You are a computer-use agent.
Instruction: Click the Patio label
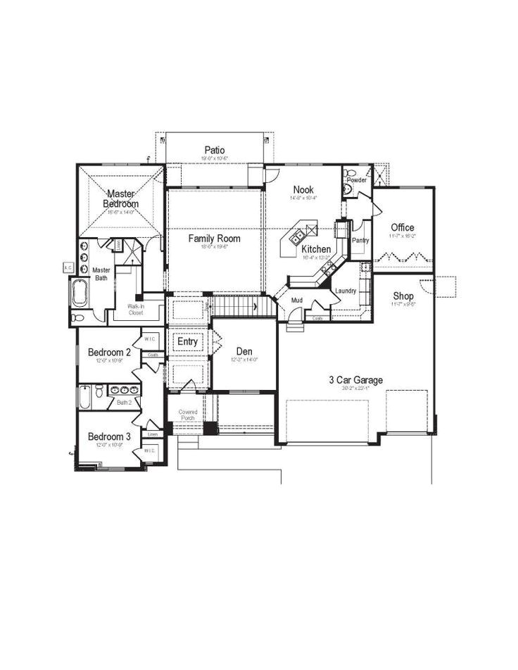(215, 149)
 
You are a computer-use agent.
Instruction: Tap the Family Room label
(214, 239)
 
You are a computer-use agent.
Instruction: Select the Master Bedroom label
(121, 198)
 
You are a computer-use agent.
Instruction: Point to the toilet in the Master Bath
(80, 317)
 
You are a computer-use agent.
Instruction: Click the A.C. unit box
(68, 267)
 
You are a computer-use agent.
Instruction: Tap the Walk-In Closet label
(136, 310)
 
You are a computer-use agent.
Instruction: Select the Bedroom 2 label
(109, 352)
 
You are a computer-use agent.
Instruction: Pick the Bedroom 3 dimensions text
(109, 446)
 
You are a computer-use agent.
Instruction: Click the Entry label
(188, 342)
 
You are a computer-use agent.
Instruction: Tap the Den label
(244, 350)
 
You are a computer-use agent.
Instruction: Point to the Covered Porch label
(188, 415)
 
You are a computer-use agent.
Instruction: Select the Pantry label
(360, 240)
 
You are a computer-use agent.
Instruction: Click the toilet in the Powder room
(350, 188)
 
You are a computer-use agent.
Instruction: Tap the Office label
(403, 227)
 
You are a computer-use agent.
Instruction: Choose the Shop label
(403, 296)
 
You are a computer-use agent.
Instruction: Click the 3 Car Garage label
(355, 380)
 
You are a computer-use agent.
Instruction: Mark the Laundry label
(345, 291)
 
